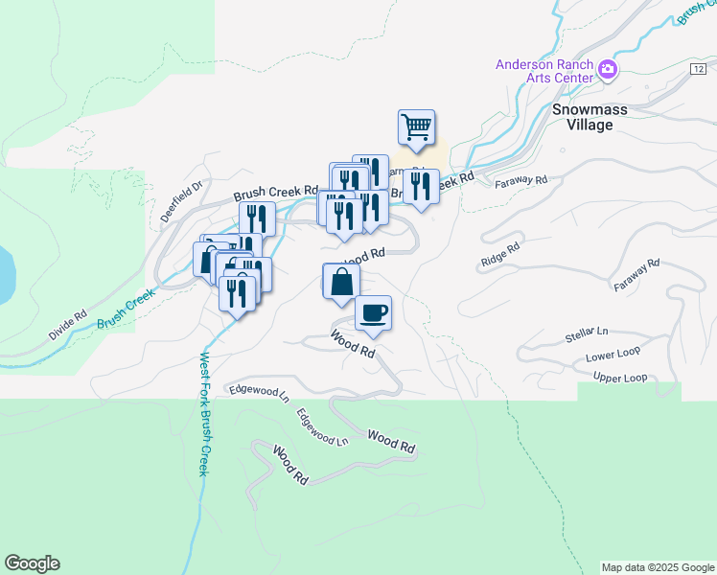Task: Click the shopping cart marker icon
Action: point(416,127)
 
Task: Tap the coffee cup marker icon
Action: point(373,312)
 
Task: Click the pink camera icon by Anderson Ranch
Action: point(607,69)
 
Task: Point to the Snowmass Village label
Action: point(590,117)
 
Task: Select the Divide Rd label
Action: point(67,325)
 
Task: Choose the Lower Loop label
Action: point(613,356)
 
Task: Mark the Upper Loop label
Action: point(620,378)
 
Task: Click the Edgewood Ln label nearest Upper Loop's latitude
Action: point(258,392)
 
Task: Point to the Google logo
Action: point(32,563)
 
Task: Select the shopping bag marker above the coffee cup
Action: point(341,282)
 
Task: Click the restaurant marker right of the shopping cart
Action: point(421,186)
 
